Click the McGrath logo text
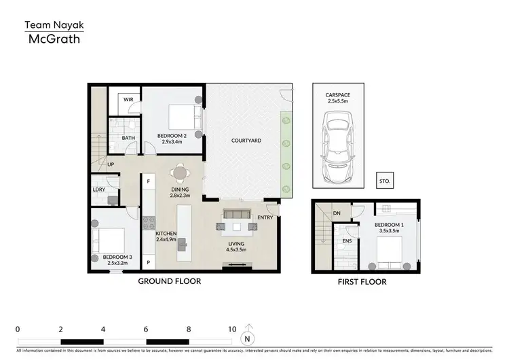tap(54, 39)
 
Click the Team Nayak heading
tap(54, 24)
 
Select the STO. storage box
tap(385, 181)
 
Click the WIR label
tap(128, 99)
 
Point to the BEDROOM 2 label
tap(172, 136)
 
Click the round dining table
tap(180, 173)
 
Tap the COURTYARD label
tap(246, 141)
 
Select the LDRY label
tap(99, 190)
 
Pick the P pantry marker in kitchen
tap(147, 262)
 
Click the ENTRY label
tap(265, 217)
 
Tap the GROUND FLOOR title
tap(170, 281)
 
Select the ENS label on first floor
tap(347, 240)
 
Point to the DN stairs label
tap(337, 213)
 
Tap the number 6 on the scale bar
tap(146, 329)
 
